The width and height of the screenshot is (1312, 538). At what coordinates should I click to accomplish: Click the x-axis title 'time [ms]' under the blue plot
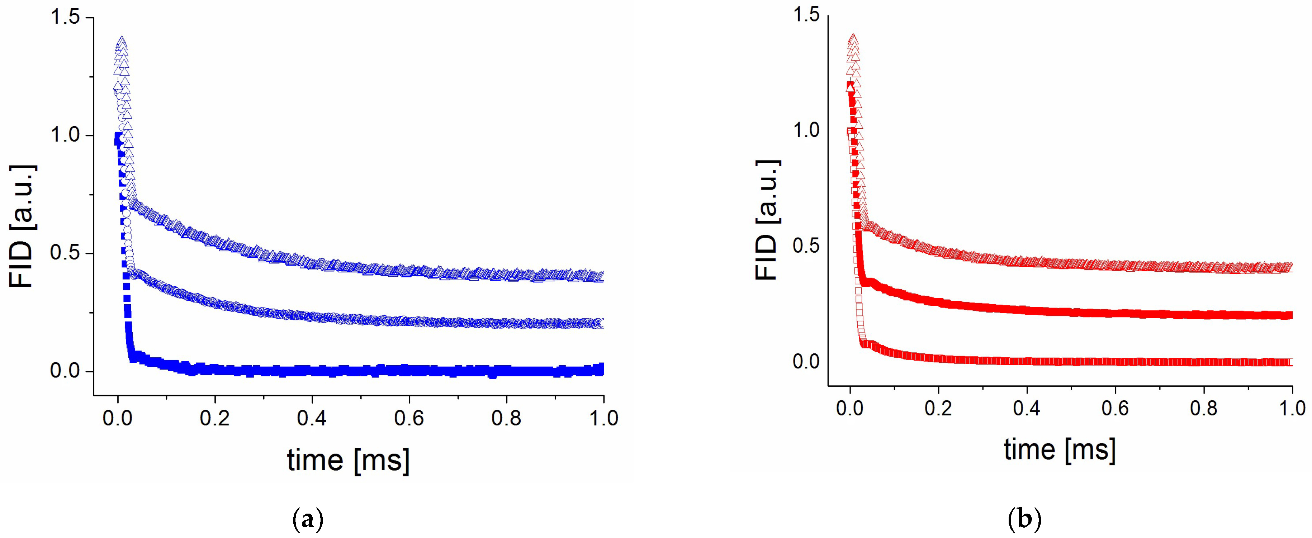[349, 460]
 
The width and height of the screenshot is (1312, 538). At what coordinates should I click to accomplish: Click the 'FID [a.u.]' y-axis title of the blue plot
[22, 227]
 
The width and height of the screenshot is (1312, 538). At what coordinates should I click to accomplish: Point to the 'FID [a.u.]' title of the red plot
[767, 220]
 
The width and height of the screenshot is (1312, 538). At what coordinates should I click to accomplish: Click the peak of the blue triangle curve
[121, 42]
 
